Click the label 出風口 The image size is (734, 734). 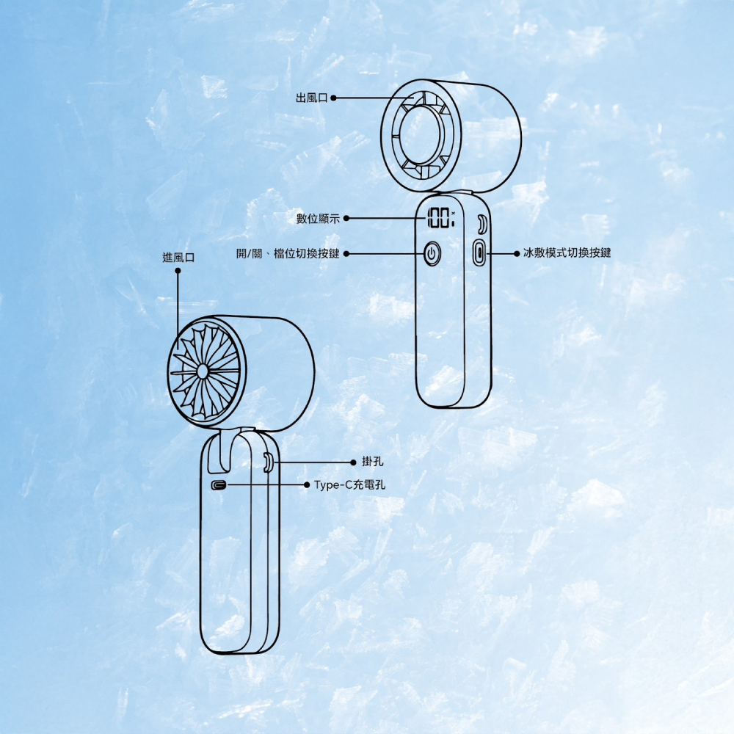312,98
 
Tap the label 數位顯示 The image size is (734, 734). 318,219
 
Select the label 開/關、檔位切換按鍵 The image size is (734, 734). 288,254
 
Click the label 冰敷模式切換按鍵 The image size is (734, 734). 567,253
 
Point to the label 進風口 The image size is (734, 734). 178,258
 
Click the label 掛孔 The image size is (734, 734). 373,462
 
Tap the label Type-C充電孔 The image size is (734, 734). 349,485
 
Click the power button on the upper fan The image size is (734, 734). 432,254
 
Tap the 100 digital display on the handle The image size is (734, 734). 440,219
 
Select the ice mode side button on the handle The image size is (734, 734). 479,252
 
